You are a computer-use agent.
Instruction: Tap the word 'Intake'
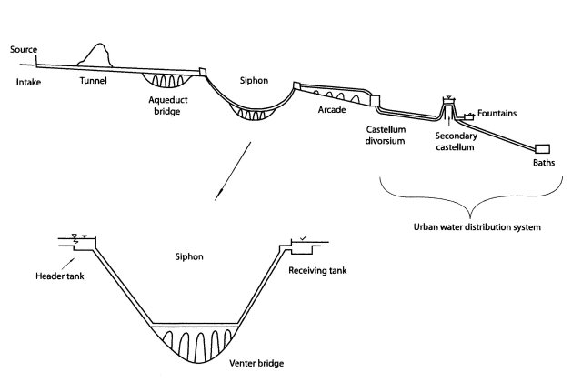coord(29,83)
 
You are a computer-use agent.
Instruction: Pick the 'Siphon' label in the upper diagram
coord(254,78)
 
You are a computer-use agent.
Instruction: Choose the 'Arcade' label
coord(332,108)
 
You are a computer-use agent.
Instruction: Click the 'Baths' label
coord(545,165)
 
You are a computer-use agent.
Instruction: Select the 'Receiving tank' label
coord(317,270)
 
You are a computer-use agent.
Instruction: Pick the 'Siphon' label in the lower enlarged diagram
coord(191,257)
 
